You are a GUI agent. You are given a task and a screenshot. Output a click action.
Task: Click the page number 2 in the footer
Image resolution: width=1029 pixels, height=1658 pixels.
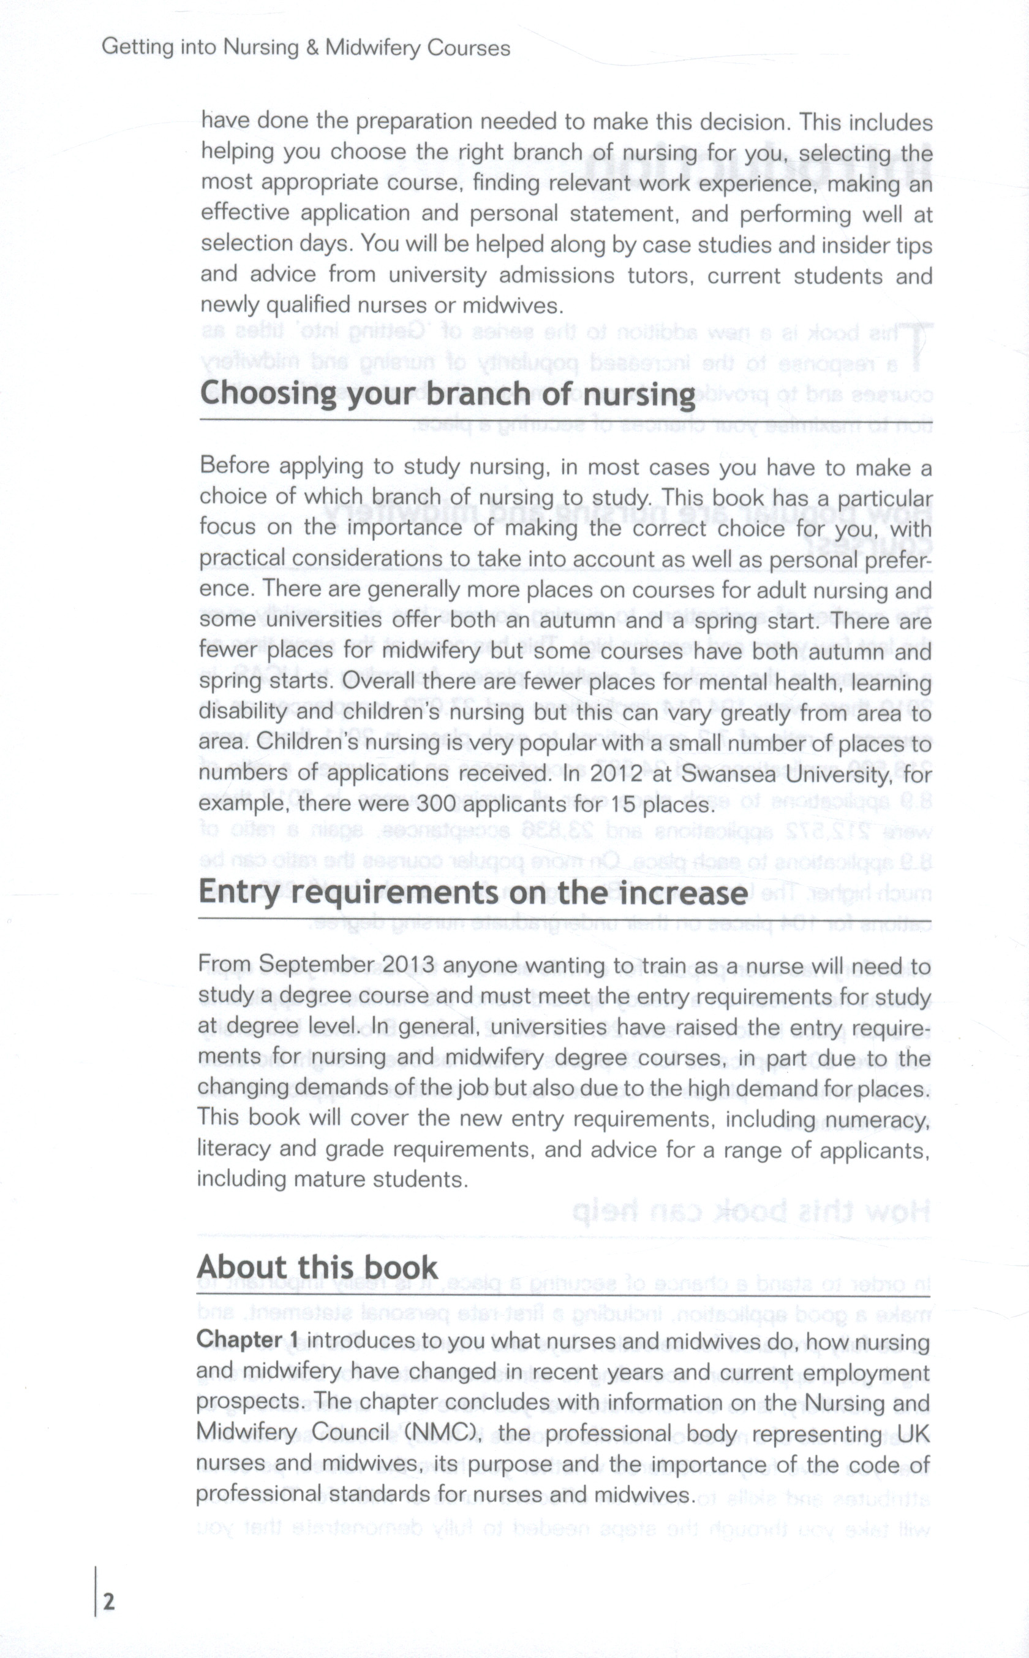coord(109,1601)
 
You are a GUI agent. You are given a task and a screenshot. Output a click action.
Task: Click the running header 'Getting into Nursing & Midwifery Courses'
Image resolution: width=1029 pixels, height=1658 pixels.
coord(306,48)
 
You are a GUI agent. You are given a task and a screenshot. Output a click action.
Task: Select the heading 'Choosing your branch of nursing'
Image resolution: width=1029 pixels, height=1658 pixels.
coord(448,394)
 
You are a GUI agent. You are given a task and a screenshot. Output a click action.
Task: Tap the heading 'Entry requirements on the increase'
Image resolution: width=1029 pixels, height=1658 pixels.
coord(473,892)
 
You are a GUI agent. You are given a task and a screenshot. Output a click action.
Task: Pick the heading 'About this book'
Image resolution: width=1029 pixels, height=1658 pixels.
coord(317,1267)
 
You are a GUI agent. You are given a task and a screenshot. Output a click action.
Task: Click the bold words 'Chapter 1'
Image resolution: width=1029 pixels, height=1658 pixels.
coord(247,1339)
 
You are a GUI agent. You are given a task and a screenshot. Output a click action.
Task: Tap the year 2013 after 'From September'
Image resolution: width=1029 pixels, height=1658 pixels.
coord(409,965)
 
